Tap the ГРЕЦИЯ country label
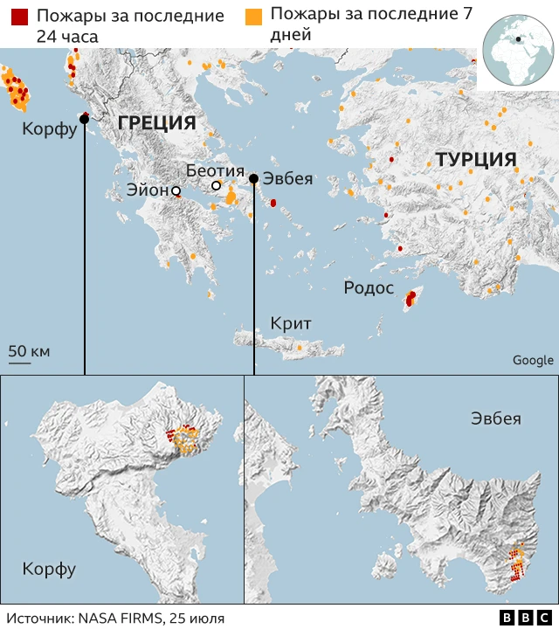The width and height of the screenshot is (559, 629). [x=156, y=122]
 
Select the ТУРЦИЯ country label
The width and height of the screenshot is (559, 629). [x=476, y=160]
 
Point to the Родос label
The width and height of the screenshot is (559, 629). [x=369, y=287]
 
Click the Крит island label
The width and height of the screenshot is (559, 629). [x=291, y=323]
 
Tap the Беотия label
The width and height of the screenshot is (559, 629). [x=214, y=170]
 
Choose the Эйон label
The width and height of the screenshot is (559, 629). [x=147, y=190]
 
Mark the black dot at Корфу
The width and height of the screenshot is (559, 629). [x=84, y=120]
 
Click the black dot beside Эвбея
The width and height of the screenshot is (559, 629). [x=253, y=179]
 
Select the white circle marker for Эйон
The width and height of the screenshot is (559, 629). [x=176, y=190]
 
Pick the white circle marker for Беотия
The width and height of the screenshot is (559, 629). [x=217, y=186]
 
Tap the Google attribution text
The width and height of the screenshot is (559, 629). [x=532, y=360]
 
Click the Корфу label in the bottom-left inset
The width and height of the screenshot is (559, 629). [x=49, y=570]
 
